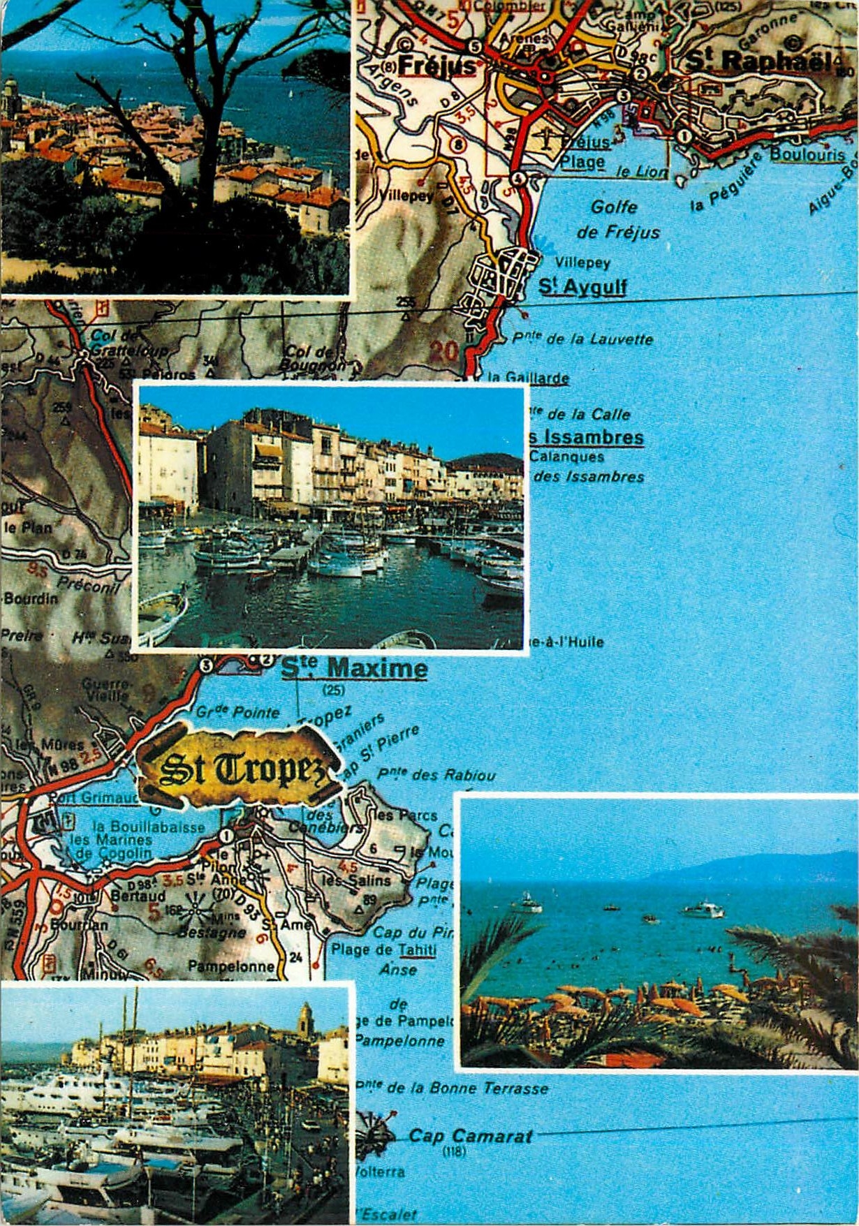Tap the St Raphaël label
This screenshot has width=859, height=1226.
(x=758, y=61)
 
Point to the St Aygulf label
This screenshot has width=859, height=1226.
(x=583, y=287)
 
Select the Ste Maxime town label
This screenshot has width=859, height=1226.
(x=354, y=668)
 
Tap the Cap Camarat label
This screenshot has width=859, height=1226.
(x=471, y=1136)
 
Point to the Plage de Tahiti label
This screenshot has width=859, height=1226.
(x=383, y=950)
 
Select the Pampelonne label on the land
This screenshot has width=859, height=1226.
(x=230, y=967)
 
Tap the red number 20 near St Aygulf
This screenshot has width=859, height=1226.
(x=444, y=350)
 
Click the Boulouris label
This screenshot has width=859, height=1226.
(x=808, y=154)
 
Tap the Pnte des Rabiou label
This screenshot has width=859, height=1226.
(x=436, y=774)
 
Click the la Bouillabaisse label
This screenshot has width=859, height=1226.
(x=158, y=827)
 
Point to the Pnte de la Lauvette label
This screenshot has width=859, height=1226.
(x=583, y=339)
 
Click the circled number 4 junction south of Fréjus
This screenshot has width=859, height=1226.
(x=517, y=179)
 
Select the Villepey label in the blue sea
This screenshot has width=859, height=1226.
(x=582, y=263)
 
